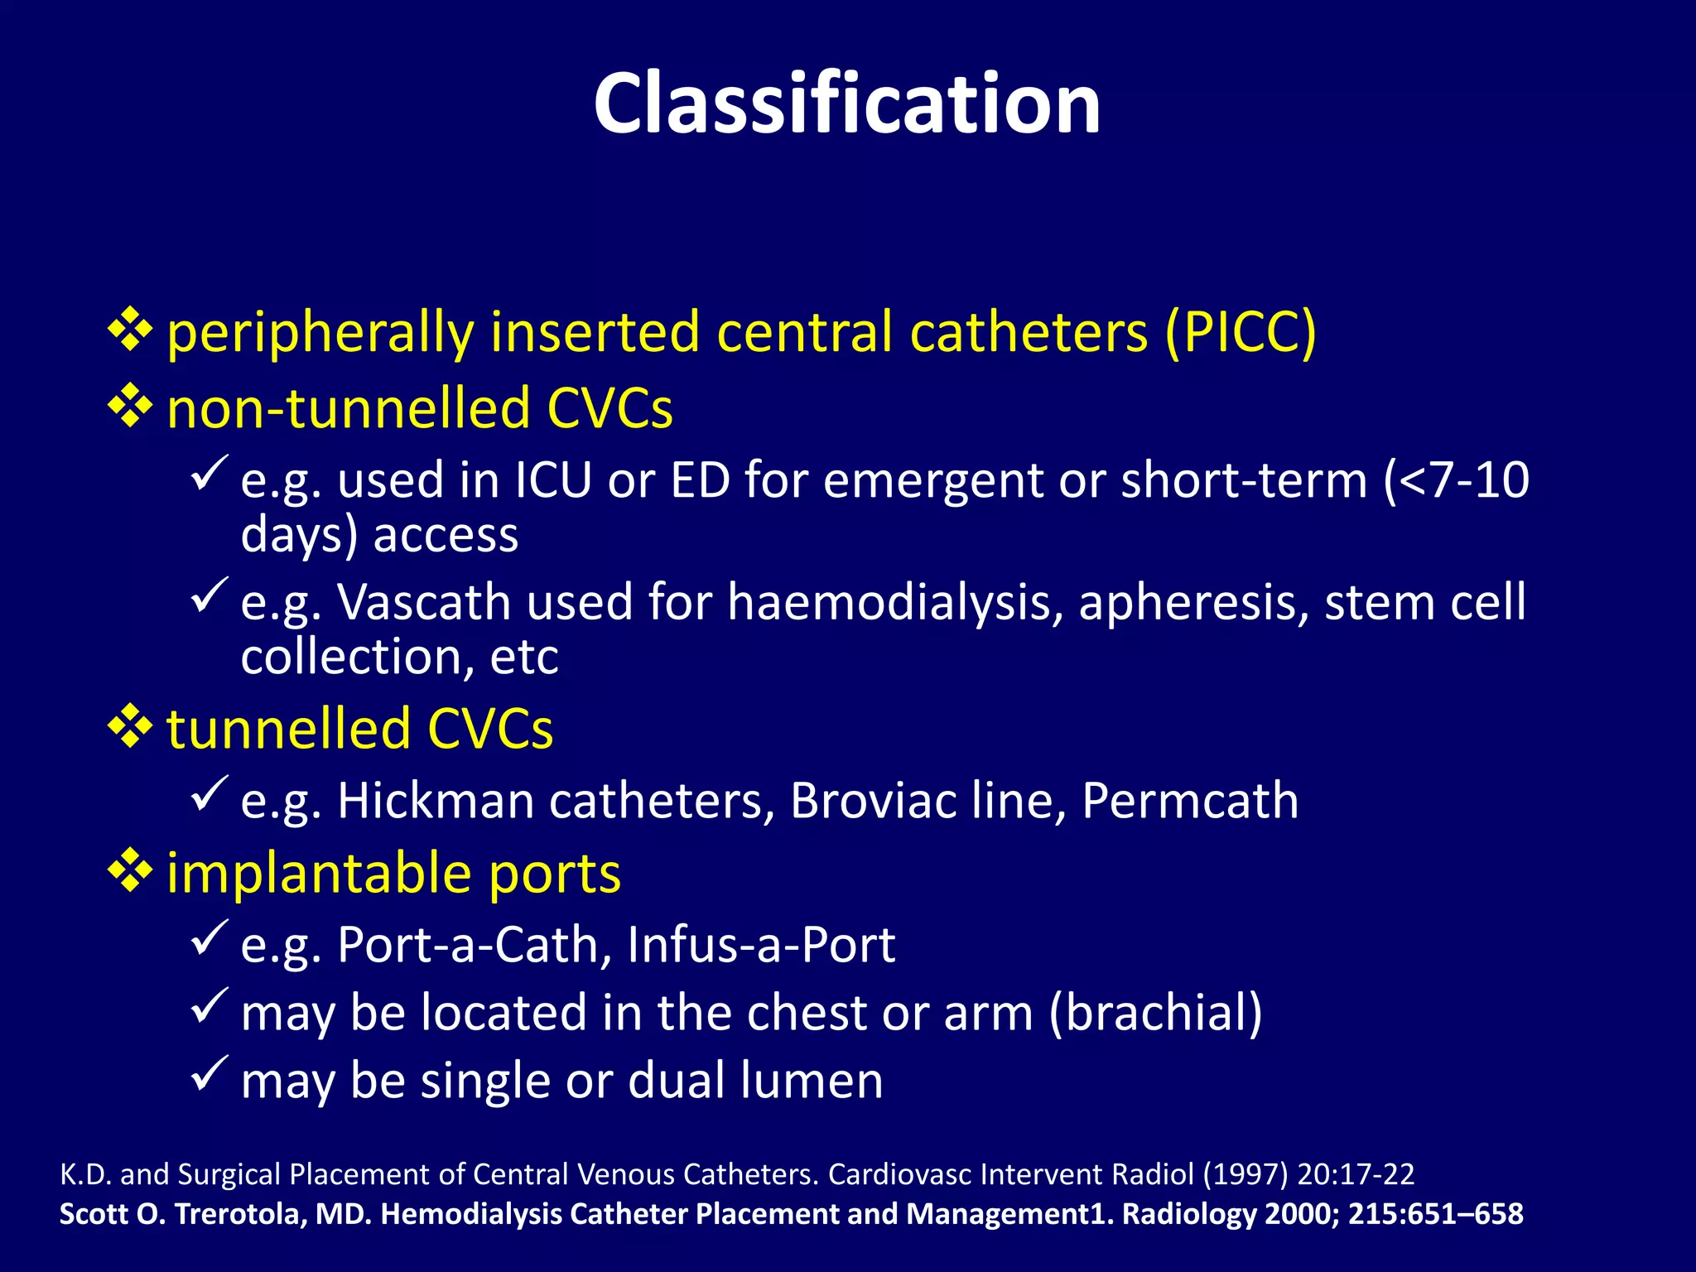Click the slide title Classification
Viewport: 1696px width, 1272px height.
[x=847, y=104]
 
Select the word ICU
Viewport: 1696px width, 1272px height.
[x=553, y=480]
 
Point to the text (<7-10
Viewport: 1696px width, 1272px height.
[x=1456, y=480]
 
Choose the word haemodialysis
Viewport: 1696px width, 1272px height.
[x=894, y=602]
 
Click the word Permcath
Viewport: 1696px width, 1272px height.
[x=1190, y=801]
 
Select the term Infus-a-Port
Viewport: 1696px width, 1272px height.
[x=760, y=945]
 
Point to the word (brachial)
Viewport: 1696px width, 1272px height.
[x=1156, y=1013]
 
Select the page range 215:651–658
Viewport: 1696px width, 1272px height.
[x=1435, y=1214]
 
